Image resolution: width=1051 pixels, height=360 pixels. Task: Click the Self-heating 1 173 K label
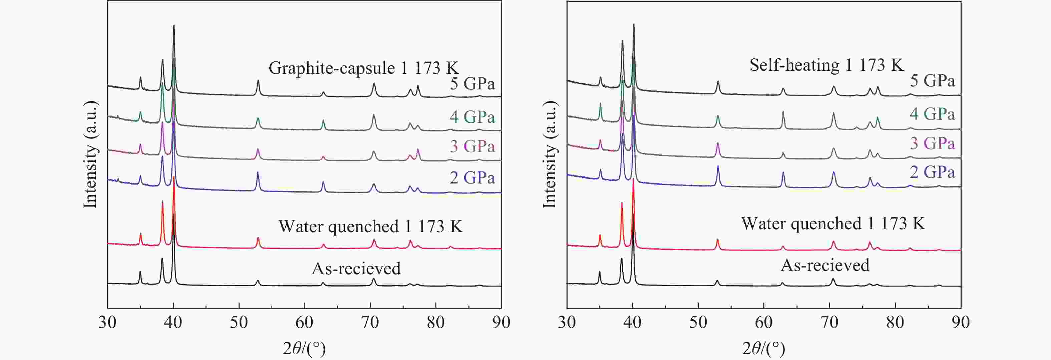tap(826, 65)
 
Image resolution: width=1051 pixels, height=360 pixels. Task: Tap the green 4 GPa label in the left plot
tap(472, 117)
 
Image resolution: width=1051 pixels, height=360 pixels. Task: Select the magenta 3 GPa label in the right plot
tap(932, 143)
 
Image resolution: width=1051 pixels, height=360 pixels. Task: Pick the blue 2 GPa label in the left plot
tap(472, 177)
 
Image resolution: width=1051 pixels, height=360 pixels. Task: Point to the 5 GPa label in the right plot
tap(932, 80)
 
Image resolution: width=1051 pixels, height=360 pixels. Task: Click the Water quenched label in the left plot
tap(370, 226)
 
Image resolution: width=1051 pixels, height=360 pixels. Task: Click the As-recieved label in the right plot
tap(825, 265)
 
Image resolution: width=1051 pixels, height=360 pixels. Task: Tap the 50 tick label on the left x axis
tap(239, 322)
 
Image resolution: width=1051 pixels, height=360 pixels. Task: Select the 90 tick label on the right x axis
tap(961, 322)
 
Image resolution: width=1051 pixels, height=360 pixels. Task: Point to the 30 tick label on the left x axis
tap(107, 322)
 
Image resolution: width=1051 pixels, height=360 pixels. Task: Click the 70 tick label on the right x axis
tap(829, 322)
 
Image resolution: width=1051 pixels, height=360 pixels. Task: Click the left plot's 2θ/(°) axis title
tap(304, 348)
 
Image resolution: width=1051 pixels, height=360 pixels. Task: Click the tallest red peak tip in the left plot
tap(174, 177)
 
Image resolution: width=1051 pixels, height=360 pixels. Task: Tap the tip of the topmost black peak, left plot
tap(174, 25)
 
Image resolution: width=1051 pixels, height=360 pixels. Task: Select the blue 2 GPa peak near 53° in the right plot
tap(718, 166)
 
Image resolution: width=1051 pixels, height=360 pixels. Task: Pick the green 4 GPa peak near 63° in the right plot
tap(783, 112)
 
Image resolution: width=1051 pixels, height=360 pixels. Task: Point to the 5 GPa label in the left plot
tap(472, 83)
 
